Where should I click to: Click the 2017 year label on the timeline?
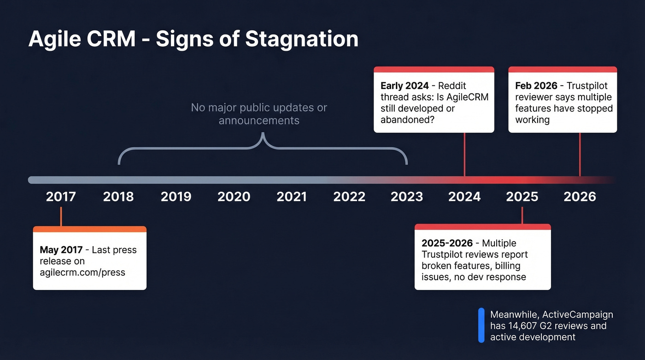coord(61,197)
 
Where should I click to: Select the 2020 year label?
coord(234,197)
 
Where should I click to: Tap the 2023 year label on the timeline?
coord(406,197)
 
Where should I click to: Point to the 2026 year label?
coord(580,197)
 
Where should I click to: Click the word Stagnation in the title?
coord(301,39)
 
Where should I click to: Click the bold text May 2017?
coord(61,250)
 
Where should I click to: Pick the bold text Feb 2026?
coord(536,86)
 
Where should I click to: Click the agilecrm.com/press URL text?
coord(82,272)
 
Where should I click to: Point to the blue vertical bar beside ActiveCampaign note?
coord(481,325)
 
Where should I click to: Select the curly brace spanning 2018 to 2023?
coord(263,148)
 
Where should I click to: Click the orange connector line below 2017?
coord(61,217)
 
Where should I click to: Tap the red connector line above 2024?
coord(464,154)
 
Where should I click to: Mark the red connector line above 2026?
coord(580,154)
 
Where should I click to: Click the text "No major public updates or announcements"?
coord(259,114)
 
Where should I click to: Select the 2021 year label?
coord(291,197)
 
